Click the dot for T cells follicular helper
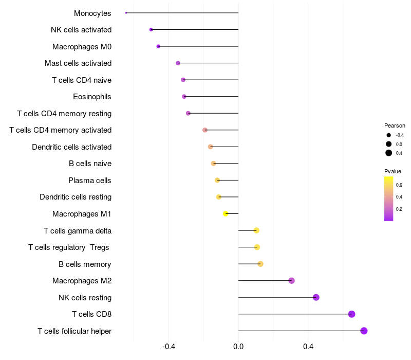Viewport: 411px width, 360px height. (364, 331)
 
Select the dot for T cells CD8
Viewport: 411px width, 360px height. (351, 314)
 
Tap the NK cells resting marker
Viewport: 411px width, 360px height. (316, 297)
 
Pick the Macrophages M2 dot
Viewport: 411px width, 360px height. (291, 281)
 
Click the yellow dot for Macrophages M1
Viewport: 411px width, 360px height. (226, 213)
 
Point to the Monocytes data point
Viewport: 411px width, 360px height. (126, 13)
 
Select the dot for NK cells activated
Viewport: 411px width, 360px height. (151, 29)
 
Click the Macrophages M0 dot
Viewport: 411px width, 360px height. (158, 46)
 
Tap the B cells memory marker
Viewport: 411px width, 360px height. (260, 264)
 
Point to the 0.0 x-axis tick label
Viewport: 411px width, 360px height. (238, 347)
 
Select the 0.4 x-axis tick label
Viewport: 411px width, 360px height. (308, 347)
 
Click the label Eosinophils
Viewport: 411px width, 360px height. (92, 97)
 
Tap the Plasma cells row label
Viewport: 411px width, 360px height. (89, 181)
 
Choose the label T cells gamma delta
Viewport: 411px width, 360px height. (78, 230)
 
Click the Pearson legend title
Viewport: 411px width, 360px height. (395, 125)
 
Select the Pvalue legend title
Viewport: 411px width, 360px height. (393, 171)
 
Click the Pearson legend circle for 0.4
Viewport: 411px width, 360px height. (389, 153)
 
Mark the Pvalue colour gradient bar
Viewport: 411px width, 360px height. (389, 199)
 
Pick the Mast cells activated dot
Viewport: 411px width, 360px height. (178, 63)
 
